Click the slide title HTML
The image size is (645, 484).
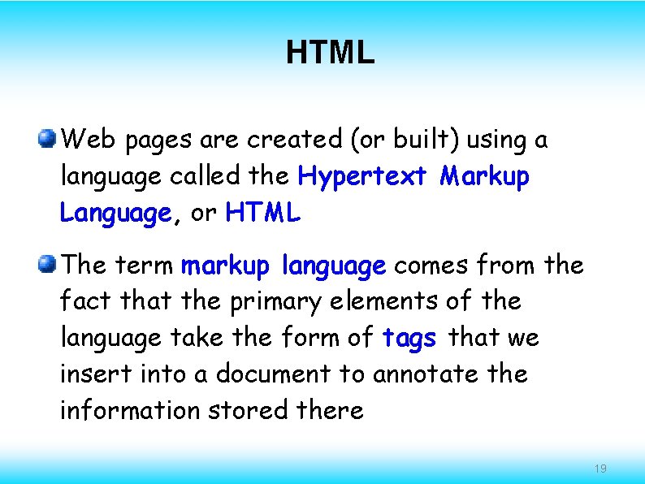click(x=330, y=54)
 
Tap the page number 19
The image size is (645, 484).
click(x=600, y=469)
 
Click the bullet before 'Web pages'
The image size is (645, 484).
click(x=48, y=139)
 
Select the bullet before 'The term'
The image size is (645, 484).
click(x=48, y=265)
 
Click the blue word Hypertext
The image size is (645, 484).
click(x=362, y=176)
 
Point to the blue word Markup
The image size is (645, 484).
click(x=485, y=176)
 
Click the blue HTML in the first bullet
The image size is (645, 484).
click(x=263, y=214)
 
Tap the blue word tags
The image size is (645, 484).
click(x=409, y=337)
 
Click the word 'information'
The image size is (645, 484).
click(x=130, y=410)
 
